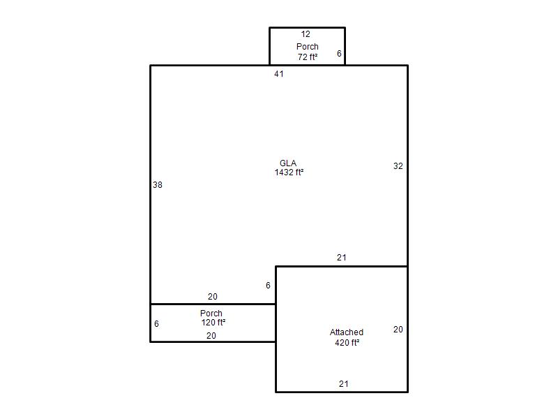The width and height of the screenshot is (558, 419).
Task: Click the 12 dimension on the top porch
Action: (x=306, y=34)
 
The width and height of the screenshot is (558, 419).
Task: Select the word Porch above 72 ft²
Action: (x=308, y=47)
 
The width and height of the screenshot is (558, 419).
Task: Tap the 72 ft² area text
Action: (x=308, y=57)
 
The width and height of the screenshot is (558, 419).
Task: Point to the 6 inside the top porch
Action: (x=339, y=54)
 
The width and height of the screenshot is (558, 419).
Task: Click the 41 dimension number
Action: (x=279, y=74)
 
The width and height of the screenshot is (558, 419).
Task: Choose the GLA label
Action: (x=288, y=163)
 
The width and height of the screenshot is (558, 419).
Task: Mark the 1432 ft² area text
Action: (x=289, y=172)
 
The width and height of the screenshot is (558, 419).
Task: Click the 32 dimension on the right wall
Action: (x=398, y=166)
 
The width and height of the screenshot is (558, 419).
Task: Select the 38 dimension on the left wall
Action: (x=158, y=185)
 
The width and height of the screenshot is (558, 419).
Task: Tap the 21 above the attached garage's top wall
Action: (x=342, y=258)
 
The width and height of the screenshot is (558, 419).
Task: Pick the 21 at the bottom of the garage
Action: (x=343, y=384)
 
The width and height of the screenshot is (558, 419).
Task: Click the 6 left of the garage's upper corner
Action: (x=268, y=286)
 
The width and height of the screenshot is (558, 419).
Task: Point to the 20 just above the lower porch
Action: (x=213, y=296)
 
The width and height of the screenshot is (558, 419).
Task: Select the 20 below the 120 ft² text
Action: (x=211, y=336)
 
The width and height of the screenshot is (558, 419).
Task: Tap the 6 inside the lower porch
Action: (x=156, y=324)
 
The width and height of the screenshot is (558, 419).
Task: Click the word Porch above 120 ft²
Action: (x=211, y=314)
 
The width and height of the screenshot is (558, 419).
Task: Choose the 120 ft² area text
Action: (x=213, y=323)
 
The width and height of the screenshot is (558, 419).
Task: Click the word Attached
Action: (x=347, y=332)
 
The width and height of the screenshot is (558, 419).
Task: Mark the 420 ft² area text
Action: (x=347, y=343)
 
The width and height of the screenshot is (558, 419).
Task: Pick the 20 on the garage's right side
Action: (x=398, y=330)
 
